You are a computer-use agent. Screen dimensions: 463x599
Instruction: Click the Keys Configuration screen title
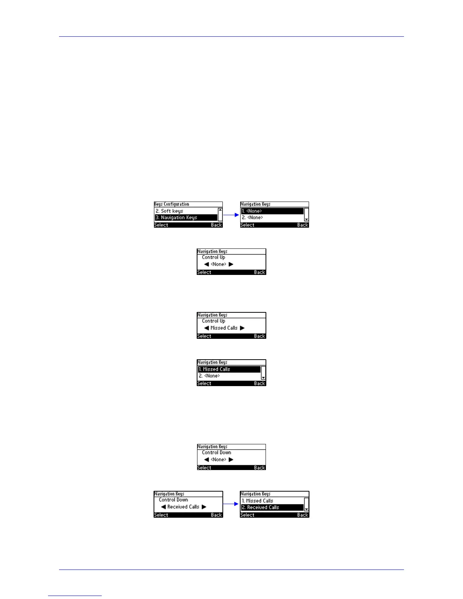[x=172, y=204]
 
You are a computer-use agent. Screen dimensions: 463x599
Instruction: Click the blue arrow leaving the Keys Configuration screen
[x=231, y=215]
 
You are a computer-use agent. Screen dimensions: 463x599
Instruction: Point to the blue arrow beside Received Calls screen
[x=231, y=504]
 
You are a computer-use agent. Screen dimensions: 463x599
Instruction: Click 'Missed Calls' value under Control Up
[x=224, y=328]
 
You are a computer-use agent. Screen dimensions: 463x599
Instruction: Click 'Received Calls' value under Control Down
[x=183, y=507]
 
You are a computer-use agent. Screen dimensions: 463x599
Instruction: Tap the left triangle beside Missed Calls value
[x=207, y=328]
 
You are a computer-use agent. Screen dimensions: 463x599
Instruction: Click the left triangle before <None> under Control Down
[x=207, y=459]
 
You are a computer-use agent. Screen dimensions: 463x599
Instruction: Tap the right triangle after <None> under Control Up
[x=231, y=264]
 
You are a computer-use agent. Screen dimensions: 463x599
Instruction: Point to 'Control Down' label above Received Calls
[x=173, y=500]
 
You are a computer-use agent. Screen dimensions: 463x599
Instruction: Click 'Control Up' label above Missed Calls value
[x=213, y=321]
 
